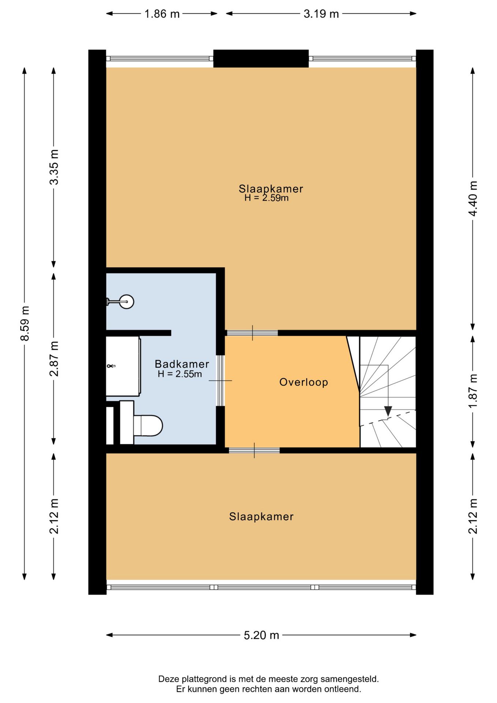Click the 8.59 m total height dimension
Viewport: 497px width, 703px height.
(x=25, y=324)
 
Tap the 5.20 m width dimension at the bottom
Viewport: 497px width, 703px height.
(x=261, y=635)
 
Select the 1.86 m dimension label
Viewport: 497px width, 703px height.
(x=162, y=14)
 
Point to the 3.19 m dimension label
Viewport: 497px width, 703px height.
(x=321, y=14)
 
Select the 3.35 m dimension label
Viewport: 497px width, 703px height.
(x=54, y=167)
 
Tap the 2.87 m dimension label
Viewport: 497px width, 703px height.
(x=54, y=359)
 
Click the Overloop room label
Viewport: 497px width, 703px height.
(x=303, y=382)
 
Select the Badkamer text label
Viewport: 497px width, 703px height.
(x=182, y=364)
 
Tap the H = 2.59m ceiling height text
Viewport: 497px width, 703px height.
(x=266, y=198)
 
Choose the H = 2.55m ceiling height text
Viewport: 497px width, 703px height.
(x=180, y=374)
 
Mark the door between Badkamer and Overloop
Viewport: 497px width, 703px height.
(x=220, y=381)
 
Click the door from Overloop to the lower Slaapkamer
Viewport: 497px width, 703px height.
(x=254, y=450)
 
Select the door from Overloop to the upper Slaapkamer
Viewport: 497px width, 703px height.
(x=253, y=333)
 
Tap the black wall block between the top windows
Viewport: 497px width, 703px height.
(x=261, y=59)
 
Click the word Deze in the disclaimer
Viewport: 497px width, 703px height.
(x=168, y=679)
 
